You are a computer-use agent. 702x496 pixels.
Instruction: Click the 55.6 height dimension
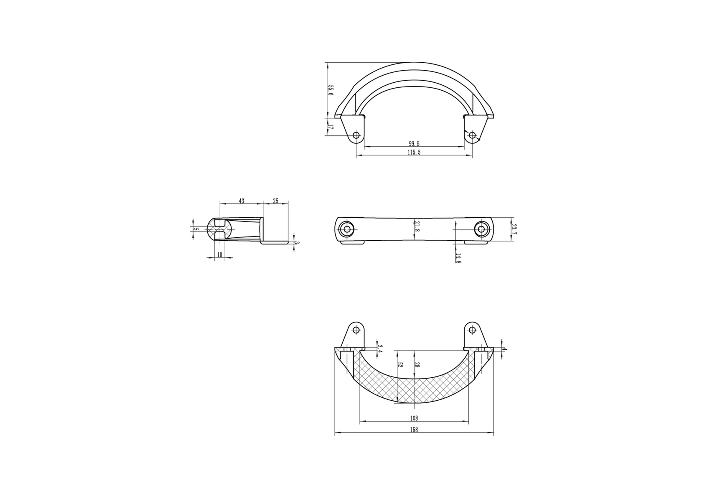[x=331, y=91]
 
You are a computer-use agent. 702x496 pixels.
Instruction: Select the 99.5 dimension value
[x=414, y=144]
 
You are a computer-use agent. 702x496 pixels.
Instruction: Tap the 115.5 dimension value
[x=414, y=153]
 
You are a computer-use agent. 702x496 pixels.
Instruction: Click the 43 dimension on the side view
[x=242, y=201]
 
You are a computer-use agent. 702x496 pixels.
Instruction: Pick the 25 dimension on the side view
[x=276, y=201]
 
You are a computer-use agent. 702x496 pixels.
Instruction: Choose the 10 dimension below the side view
[x=220, y=254]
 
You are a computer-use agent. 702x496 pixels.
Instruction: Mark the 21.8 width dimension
[x=417, y=226]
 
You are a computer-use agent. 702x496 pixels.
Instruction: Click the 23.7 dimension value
[x=514, y=229]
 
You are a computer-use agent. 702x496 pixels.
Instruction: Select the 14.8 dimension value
[x=458, y=258]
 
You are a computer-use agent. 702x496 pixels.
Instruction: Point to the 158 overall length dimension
[x=414, y=430]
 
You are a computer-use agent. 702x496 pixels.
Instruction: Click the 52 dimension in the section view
[x=400, y=365]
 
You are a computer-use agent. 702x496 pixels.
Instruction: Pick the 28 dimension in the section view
[x=417, y=365]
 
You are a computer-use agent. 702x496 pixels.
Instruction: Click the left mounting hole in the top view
[x=356, y=135]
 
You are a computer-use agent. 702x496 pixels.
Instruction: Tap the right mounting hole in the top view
[x=472, y=135]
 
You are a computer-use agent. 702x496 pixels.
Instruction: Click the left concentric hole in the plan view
[x=346, y=229]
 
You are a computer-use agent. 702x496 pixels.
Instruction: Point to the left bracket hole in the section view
[x=356, y=330]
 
